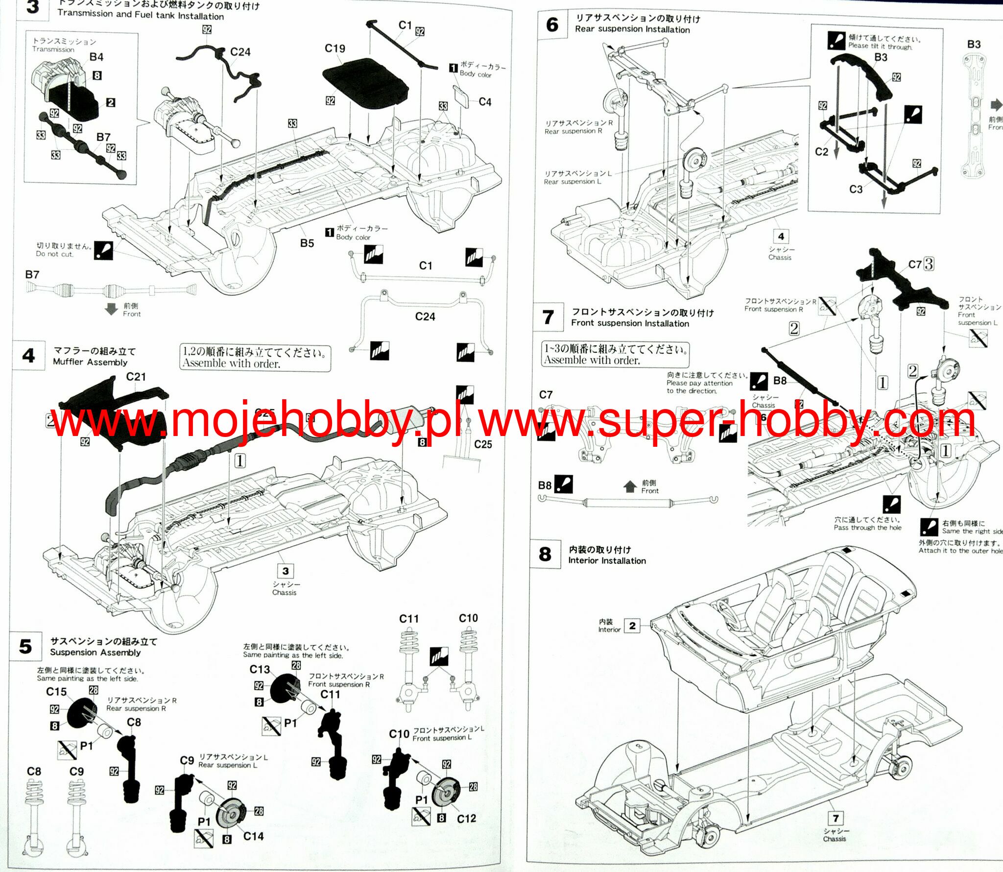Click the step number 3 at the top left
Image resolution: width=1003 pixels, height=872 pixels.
(32, 7)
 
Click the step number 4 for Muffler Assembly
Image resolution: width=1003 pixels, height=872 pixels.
(29, 355)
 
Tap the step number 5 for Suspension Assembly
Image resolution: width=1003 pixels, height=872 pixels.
(25, 647)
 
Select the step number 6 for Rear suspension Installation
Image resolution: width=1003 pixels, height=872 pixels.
(552, 24)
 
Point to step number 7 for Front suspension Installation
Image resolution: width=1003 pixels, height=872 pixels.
(549, 317)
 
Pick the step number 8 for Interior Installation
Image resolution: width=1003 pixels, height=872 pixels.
(545, 554)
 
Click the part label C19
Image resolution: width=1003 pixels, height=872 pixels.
(335, 48)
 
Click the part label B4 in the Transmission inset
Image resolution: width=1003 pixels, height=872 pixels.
(96, 57)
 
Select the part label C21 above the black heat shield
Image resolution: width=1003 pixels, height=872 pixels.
(136, 377)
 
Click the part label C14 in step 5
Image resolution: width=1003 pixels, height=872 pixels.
(253, 836)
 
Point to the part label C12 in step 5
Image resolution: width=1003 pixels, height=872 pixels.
(466, 819)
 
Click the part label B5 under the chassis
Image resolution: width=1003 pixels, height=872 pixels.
(307, 243)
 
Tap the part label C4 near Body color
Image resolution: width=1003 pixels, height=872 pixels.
(485, 102)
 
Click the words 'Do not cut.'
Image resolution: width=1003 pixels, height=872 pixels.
(54, 254)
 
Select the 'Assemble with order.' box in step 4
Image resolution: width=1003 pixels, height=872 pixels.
(255, 358)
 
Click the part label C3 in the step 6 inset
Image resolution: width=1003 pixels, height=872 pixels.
(856, 189)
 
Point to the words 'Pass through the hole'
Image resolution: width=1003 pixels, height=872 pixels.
(867, 528)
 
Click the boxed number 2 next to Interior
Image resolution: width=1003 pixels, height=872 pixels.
(632, 626)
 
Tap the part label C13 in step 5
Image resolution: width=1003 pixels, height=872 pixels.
(260, 669)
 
